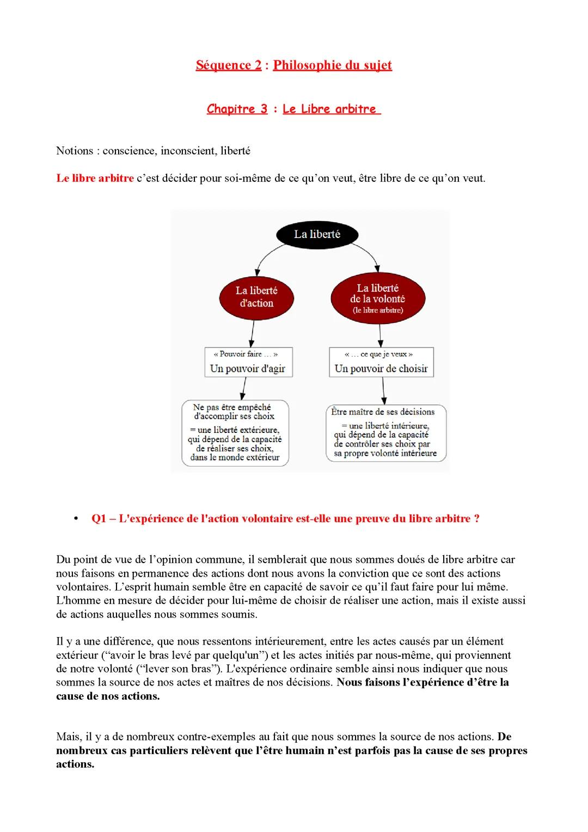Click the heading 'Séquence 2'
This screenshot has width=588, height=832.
tap(228, 65)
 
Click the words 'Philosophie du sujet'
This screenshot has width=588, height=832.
tap(332, 65)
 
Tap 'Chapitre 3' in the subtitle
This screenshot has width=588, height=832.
tap(237, 109)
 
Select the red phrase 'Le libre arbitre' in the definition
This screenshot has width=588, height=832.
tap(95, 178)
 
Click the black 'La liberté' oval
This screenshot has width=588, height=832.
tap(317, 235)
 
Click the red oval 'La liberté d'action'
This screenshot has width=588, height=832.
tap(256, 297)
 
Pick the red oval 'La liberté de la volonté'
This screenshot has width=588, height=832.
tap(377, 298)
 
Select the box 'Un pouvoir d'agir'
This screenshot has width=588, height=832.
tap(248, 362)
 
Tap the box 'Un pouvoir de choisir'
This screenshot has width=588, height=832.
tap(381, 362)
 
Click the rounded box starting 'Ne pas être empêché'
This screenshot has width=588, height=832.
tap(235, 433)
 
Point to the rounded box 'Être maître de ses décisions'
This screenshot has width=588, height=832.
tap(386, 433)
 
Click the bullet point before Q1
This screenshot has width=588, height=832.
tap(76, 518)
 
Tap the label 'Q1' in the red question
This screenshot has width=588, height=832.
tap(99, 519)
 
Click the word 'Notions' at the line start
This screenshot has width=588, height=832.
tap(75, 151)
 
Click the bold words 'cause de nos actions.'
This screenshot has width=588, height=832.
tap(108, 696)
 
